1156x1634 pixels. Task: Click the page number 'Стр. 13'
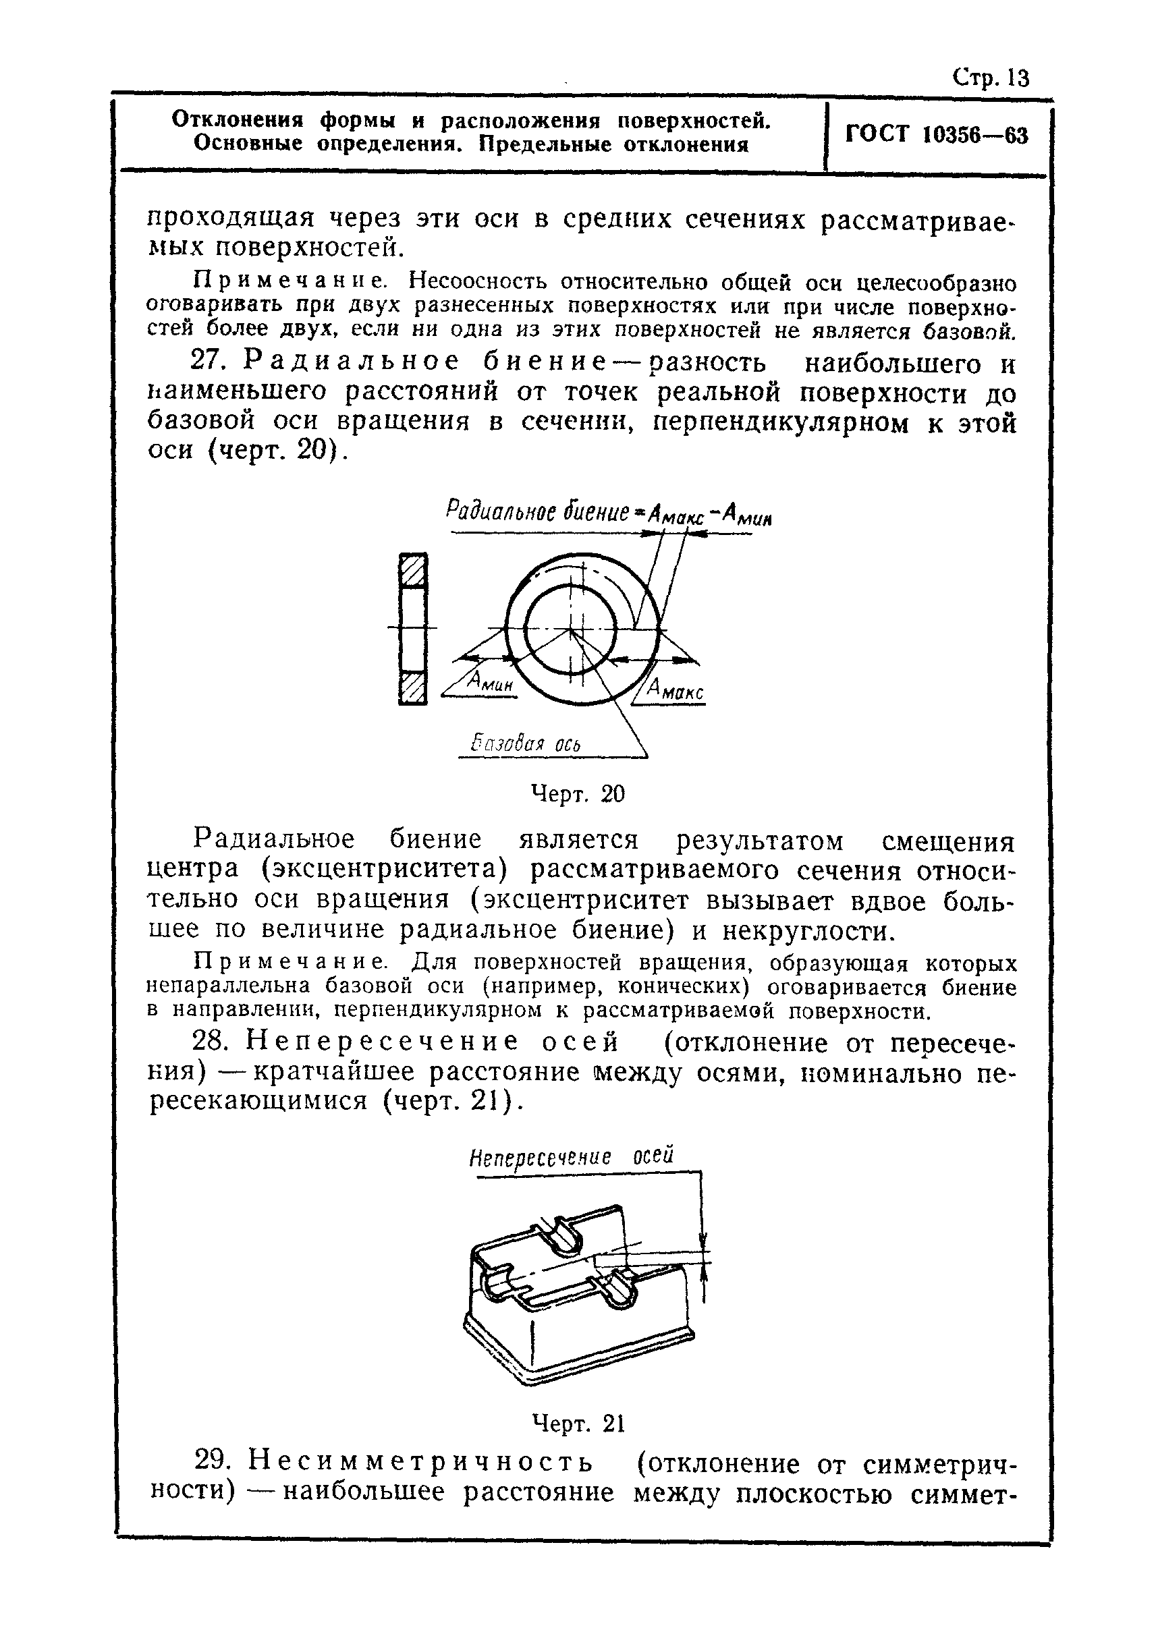coord(991,78)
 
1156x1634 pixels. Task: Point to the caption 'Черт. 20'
coord(577,793)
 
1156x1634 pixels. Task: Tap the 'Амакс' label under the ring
coord(676,689)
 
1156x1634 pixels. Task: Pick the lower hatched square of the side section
coord(413,688)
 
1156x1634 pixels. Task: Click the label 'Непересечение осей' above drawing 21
coord(570,1157)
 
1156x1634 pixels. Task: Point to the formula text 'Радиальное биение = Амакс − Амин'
coord(609,513)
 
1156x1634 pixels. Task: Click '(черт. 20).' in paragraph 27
coord(275,451)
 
